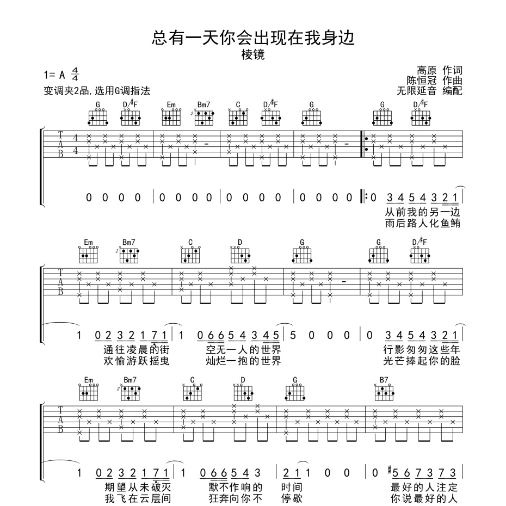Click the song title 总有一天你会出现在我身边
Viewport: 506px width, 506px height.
tap(254, 38)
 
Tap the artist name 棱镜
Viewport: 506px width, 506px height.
tap(254, 55)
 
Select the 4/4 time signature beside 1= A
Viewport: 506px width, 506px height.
tap(75, 74)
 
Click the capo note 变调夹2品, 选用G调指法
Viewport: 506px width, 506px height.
tap(97, 91)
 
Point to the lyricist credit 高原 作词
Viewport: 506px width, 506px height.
tap(440, 70)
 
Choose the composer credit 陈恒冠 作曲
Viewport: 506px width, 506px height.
tap(434, 81)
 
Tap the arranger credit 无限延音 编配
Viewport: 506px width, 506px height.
tap(429, 91)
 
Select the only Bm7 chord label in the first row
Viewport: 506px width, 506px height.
tap(203, 104)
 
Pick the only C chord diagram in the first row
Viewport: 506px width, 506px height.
tap(238, 117)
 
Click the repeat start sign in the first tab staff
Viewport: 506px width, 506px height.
tap(365, 144)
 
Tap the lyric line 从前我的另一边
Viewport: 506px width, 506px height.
tap(422, 212)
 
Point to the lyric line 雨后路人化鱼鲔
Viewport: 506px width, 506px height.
tap(422, 223)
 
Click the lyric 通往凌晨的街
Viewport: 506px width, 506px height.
tap(137, 350)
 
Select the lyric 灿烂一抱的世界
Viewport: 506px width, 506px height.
tap(244, 361)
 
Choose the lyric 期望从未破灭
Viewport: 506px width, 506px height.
tap(138, 488)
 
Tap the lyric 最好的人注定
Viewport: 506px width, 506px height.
tap(424, 488)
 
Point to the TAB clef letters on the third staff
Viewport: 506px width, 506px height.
tap(60, 419)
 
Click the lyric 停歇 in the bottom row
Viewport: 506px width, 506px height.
tap(292, 498)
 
